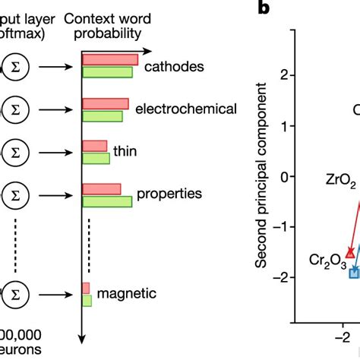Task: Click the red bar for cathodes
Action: pos(109,60)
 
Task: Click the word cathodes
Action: pos(174,67)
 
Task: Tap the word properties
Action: pos(169,194)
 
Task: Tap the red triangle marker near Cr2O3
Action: pos(350,251)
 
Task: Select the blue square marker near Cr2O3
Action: pos(353,272)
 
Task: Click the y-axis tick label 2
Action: pos(283,75)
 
